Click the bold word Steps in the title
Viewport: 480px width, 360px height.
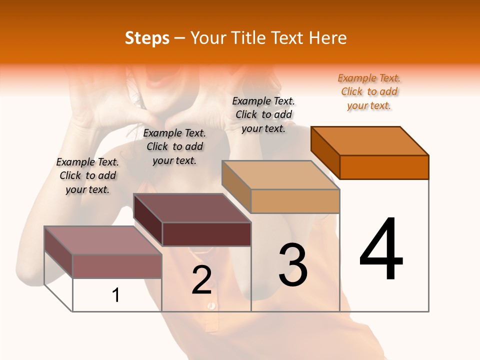tap(147, 38)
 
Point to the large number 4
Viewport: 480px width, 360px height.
tap(381, 249)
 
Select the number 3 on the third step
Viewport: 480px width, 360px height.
tap(293, 265)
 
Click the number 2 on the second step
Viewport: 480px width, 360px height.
tap(201, 280)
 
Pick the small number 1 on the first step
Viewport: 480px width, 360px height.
tap(116, 295)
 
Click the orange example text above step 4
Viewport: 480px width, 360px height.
tap(369, 91)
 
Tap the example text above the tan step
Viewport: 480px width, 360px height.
tap(263, 114)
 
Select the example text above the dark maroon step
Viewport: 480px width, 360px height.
tap(174, 146)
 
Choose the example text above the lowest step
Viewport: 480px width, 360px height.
tap(87, 175)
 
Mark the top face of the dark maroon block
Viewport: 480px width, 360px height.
tap(192, 208)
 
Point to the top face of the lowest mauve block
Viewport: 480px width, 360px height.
tap(103, 240)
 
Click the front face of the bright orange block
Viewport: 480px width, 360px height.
tap(384, 167)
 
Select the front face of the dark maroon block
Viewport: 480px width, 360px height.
tap(206, 234)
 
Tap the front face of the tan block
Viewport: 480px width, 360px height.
tap(295, 201)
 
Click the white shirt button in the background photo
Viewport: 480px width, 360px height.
tap(212, 305)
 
